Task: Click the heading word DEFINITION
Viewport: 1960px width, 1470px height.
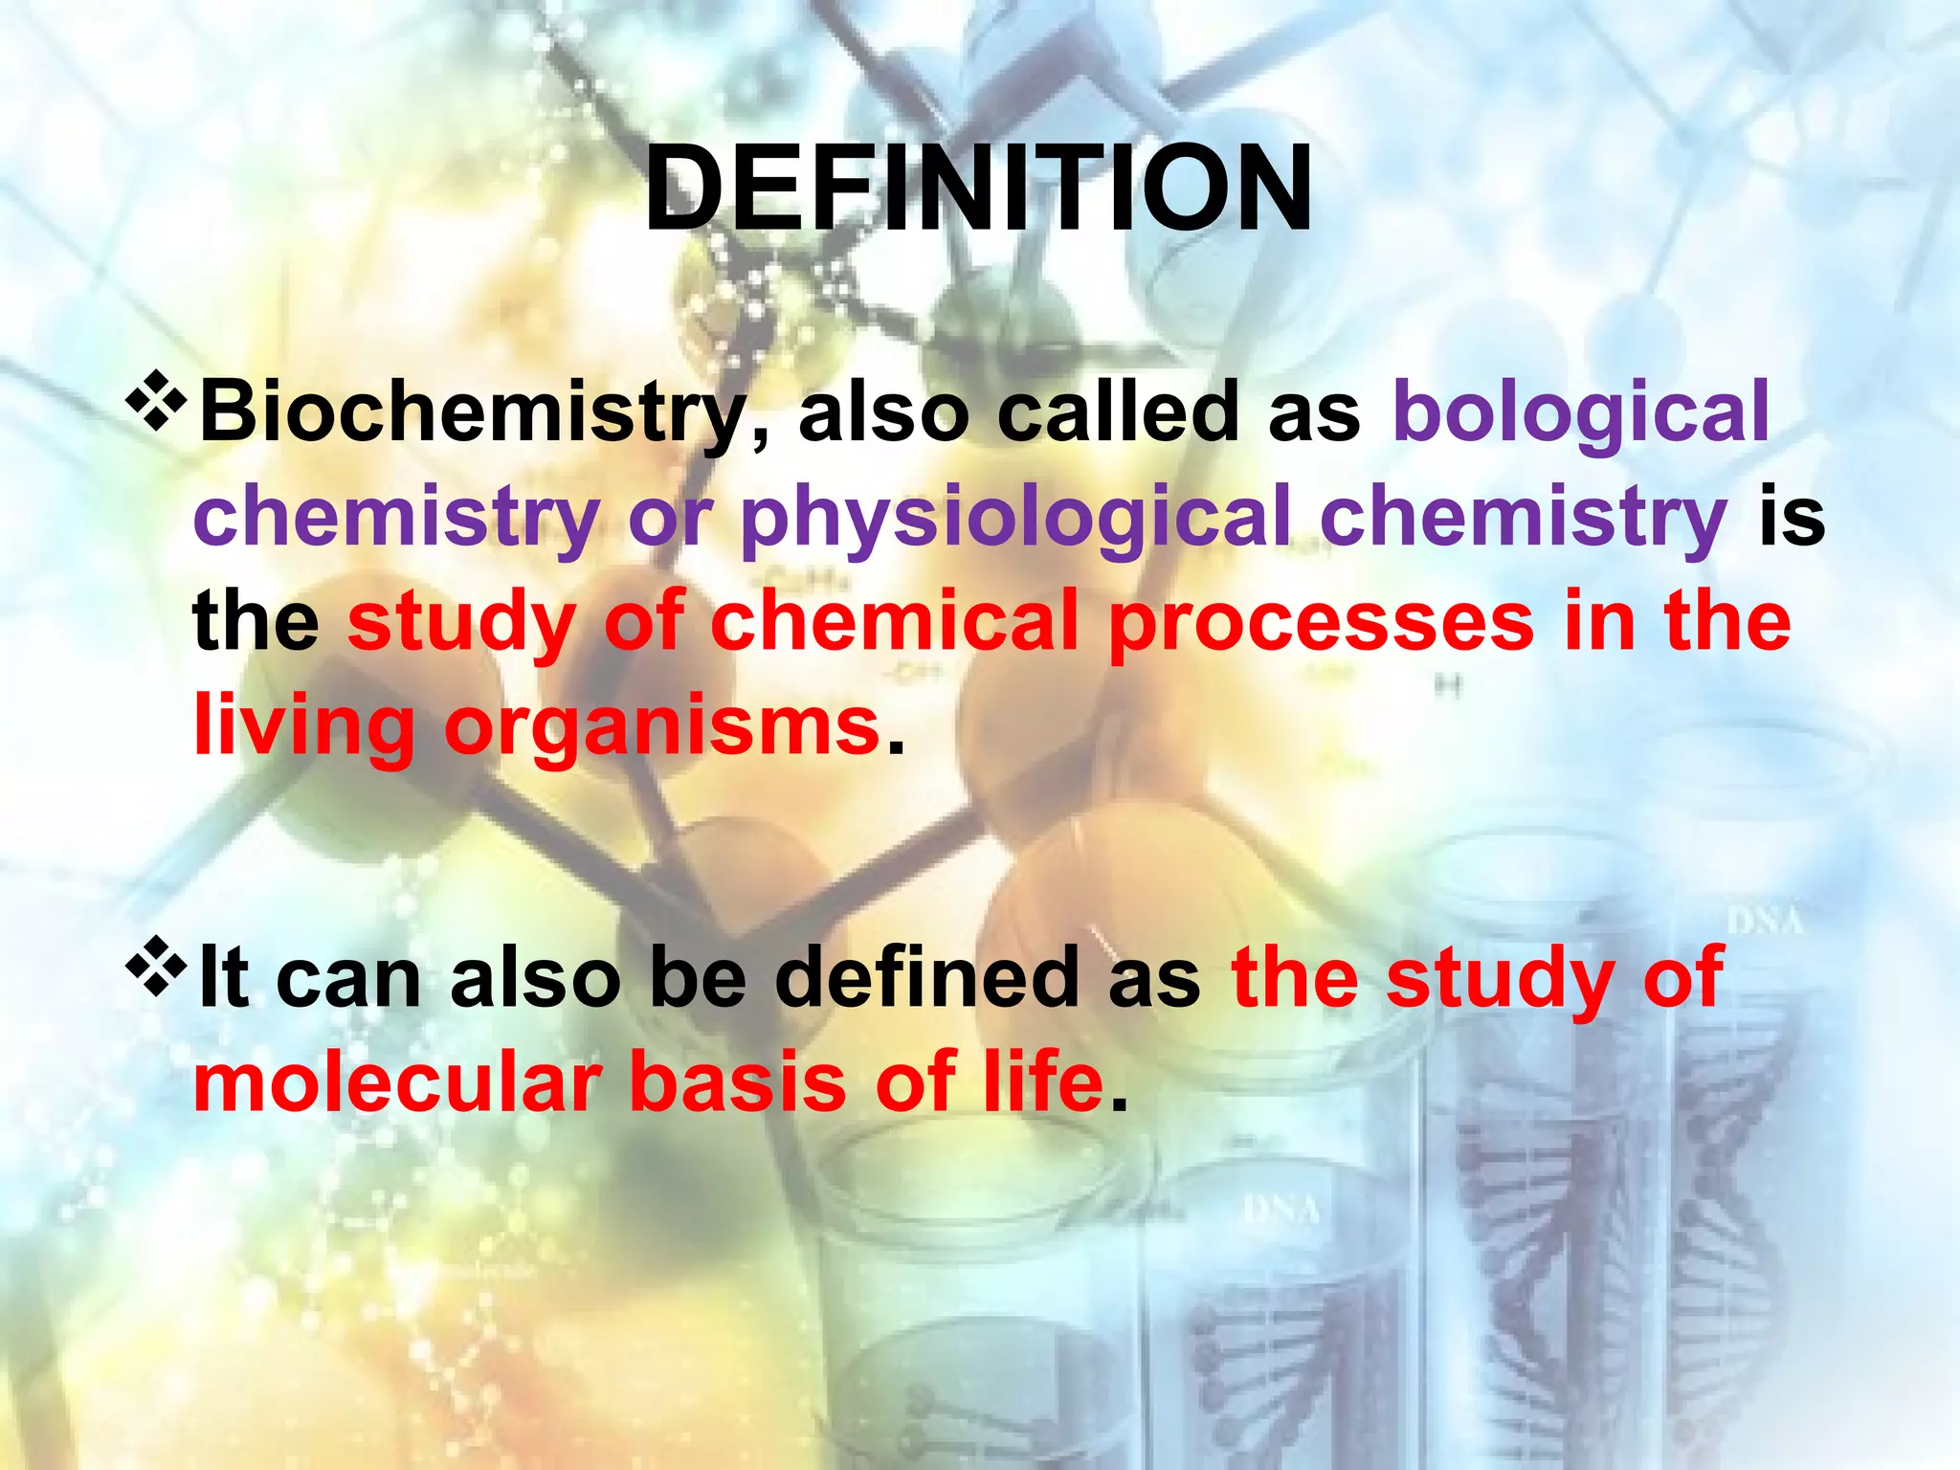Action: [978, 189]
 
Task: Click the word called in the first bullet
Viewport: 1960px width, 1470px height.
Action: [1118, 412]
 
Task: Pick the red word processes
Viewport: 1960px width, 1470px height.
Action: [1321, 622]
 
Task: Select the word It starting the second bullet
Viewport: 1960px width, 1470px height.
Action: [224, 978]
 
